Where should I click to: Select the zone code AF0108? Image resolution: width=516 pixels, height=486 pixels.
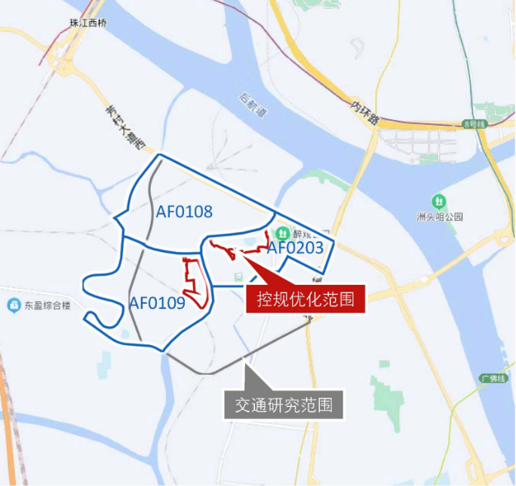tap(184, 212)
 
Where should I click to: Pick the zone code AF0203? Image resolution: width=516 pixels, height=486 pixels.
tap(296, 247)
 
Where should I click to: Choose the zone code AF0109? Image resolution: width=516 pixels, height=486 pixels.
tap(157, 304)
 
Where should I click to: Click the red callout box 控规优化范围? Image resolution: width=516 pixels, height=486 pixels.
tap(306, 298)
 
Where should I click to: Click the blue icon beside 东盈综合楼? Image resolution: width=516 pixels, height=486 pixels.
tap(14, 305)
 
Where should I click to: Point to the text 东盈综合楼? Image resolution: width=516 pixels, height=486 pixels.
tap(47, 306)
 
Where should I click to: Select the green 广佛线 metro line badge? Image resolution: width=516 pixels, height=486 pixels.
tap(491, 377)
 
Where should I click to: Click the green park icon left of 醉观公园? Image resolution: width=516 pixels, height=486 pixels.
tap(282, 232)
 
